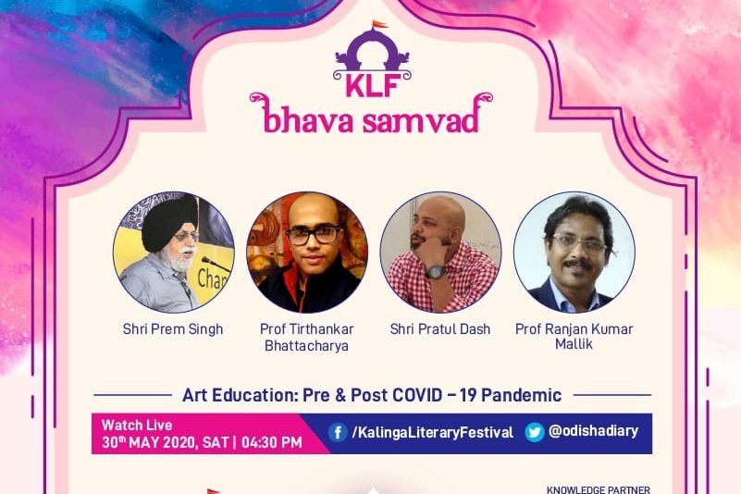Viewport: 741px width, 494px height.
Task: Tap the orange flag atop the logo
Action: point(378,24)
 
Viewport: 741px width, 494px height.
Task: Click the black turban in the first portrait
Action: point(168,222)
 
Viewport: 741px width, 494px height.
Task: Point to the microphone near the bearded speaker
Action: point(214,264)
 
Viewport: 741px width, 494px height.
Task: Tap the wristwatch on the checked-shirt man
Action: point(436,272)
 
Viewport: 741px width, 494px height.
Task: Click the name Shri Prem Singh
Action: point(173,329)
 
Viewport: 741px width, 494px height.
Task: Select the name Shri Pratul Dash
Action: point(440,329)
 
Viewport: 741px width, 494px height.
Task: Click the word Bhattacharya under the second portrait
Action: point(306,346)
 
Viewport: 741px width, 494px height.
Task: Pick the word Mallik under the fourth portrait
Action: point(574,344)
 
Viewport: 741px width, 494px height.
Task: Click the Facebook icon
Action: point(338,432)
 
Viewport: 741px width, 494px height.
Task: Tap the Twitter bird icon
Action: point(535,432)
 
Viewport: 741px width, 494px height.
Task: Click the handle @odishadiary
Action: point(593,431)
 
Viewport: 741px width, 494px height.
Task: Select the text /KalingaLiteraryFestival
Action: point(432,433)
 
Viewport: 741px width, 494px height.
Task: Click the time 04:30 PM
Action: point(272,442)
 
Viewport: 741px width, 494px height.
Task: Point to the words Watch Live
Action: point(137,425)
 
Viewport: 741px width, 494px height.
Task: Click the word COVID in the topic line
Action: point(417,395)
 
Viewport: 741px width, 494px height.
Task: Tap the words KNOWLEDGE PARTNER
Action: point(599,489)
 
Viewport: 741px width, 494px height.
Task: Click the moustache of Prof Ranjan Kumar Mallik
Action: point(579,264)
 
